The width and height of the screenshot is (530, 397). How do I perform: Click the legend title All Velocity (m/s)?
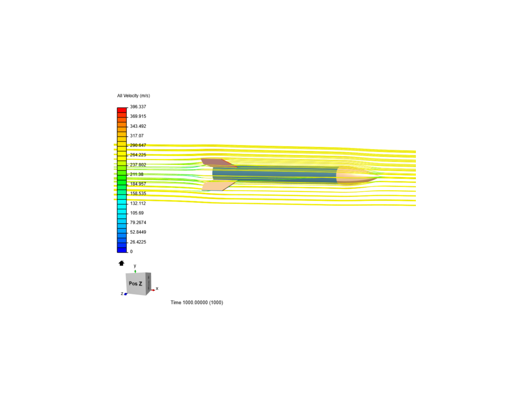(134, 96)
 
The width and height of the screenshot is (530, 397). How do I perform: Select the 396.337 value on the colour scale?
(138, 107)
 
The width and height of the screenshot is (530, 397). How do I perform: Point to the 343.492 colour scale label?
(138, 126)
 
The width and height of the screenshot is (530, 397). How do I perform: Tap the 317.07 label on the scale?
(137, 136)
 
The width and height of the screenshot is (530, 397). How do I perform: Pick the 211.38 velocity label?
(137, 174)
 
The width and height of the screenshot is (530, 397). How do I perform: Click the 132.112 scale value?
(138, 203)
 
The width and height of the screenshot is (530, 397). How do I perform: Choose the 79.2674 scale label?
(138, 222)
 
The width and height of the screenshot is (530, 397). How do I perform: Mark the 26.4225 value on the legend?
(138, 242)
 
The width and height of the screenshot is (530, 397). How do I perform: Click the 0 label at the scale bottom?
(131, 251)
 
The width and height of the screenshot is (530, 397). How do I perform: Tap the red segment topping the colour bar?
(122, 110)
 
